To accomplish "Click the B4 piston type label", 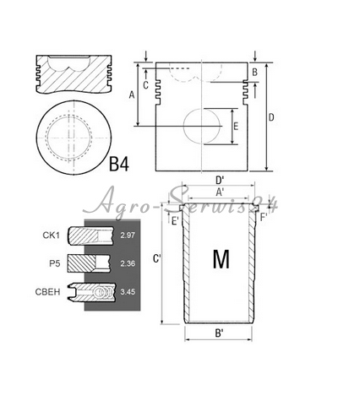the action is (x=118, y=164).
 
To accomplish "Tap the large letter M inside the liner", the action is (x=221, y=259).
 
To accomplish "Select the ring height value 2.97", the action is (x=128, y=235).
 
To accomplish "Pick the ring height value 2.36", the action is (x=128, y=263).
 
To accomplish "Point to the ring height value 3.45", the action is (x=128, y=292).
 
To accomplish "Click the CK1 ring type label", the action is (x=52, y=235).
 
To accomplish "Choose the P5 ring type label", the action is (x=55, y=263).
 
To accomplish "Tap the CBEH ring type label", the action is (x=47, y=292).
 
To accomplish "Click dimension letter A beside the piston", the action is (x=132, y=95).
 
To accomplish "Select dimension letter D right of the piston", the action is (x=271, y=117).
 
